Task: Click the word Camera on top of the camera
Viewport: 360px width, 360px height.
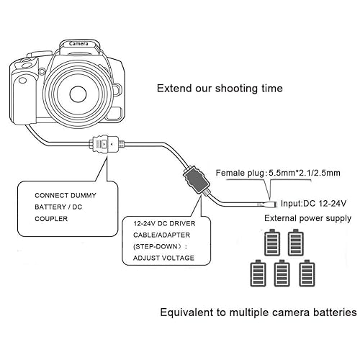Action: [x=78, y=44]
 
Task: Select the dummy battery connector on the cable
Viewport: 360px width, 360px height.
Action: [x=105, y=144]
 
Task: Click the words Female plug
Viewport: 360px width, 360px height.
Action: [x=241, y=174]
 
